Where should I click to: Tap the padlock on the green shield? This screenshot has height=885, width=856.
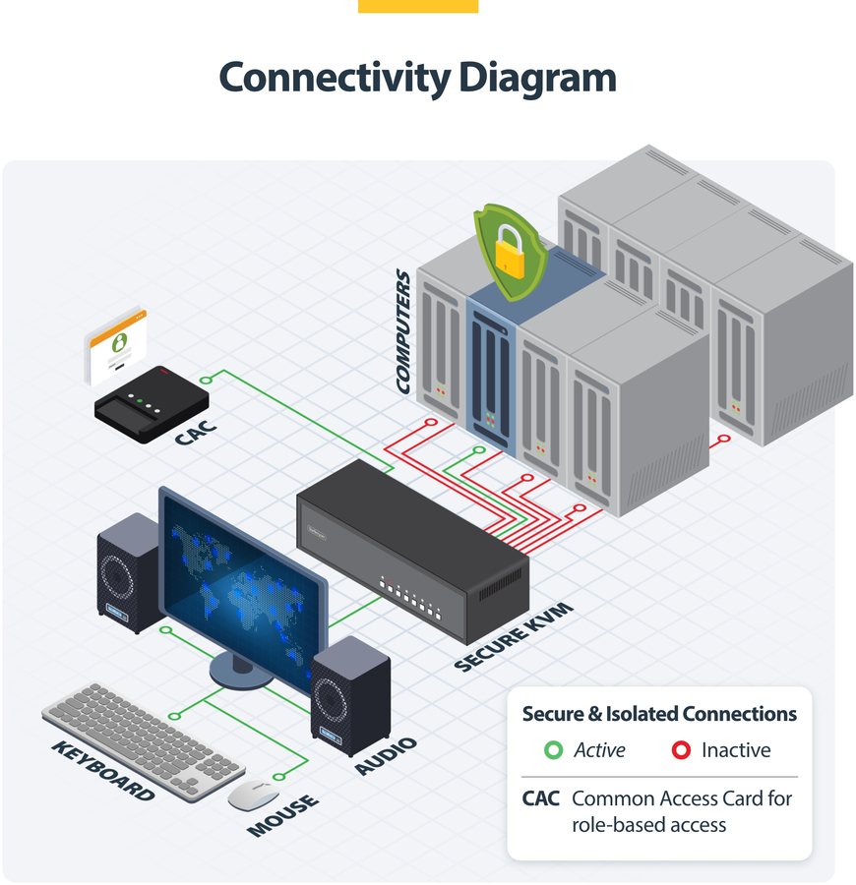pyautogui.click(x=509, y=252)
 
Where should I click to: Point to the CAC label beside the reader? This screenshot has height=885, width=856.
pyautogui.click(x=197, y=430)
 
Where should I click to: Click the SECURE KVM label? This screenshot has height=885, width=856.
pyautogui.click(x=514, y=640)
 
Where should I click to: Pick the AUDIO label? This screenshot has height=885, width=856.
pyautogui.click(x=387, y=755)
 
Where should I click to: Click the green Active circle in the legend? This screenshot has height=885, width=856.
pyautogui.click(x=553, y=750)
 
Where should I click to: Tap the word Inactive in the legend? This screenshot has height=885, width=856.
pyautogui.click(x=736, y=750)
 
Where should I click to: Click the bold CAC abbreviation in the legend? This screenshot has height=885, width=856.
pyautogui.click(x=541, y=798)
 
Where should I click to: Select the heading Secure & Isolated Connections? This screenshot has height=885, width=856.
pyautogui.click(x=659, y=714)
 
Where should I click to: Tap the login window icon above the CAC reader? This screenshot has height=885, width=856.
pyautogui.click(x=116, y=347)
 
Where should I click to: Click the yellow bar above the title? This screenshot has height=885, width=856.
pyautogui.click(x=418, y=6)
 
